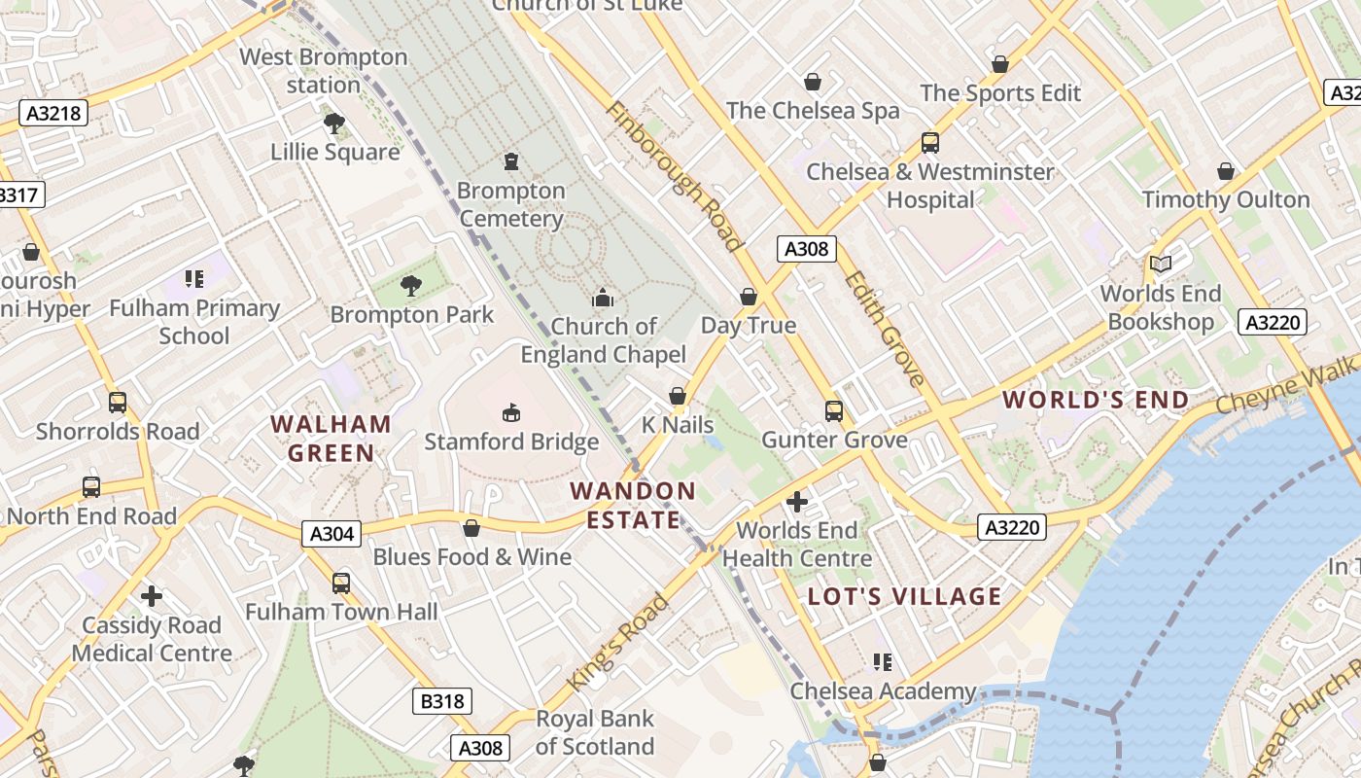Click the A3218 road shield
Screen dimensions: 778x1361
tap(53, 113)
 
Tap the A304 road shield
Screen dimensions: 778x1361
tap(331, 533)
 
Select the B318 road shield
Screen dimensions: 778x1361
tap(442, 701)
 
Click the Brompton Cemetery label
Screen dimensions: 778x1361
tap(511, 204)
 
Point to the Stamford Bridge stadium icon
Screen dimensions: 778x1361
tap(511, 413)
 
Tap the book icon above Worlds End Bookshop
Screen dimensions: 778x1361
tap(1161, 264)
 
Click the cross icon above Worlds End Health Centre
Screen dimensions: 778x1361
tap(797, 502)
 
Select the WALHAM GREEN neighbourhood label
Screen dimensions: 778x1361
tap(331, 439)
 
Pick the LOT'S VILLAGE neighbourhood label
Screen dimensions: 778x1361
tap(905, 596)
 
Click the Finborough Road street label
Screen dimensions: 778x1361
tap(674, 175)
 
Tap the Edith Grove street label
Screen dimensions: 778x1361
tap(885, 329)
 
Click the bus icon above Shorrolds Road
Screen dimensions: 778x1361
tap(118, 402)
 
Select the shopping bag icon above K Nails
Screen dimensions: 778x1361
tap(678, 396)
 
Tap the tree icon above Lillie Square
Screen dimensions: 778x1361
tap(334, 124)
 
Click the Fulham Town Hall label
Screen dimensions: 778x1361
tap(341, 612)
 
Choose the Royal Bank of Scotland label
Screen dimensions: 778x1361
tap(595, 732)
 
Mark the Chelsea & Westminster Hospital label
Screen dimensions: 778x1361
tap(930, 186)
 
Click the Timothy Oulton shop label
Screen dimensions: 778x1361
tap(1226, 199)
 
